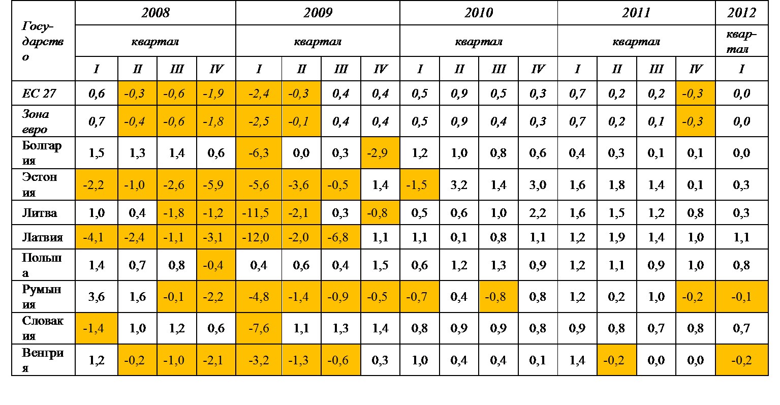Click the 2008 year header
coord(155,13)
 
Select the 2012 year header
coord(741,13)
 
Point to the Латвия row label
coord(42,237)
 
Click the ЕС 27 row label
coord(39,94)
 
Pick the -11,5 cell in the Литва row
coord(258,213)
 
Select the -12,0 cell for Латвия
coord(258,237)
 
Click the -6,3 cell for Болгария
coord(258,152)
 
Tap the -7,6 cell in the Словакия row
coord(258,328)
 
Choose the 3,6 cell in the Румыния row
coord(97,297)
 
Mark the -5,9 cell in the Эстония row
coord(215,185)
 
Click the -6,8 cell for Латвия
coord(340,237)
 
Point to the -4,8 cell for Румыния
coord(258,297)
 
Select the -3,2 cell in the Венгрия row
coord(258,360)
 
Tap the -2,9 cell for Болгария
coord(380,152)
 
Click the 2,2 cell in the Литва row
coord(538,213)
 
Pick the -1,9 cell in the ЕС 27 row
coord(215,94)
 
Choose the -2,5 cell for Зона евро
coord(258,121)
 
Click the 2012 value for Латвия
coord(741,237)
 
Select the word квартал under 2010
coord(478,41)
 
